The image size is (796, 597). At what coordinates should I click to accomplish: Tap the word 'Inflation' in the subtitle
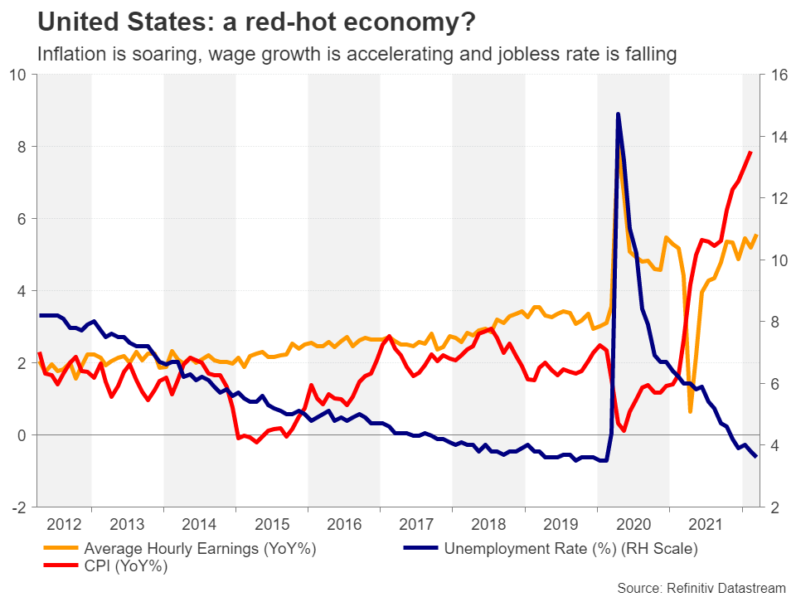point(71,54)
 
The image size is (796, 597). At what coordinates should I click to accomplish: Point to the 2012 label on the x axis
point(65,524)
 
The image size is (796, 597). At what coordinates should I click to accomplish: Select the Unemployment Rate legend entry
point(571,548)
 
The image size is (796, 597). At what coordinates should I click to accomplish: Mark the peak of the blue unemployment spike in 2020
point(618,114)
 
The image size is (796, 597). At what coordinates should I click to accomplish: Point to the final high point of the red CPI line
point(750,152)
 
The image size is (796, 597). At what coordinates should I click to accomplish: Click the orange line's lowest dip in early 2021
point(691,411)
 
